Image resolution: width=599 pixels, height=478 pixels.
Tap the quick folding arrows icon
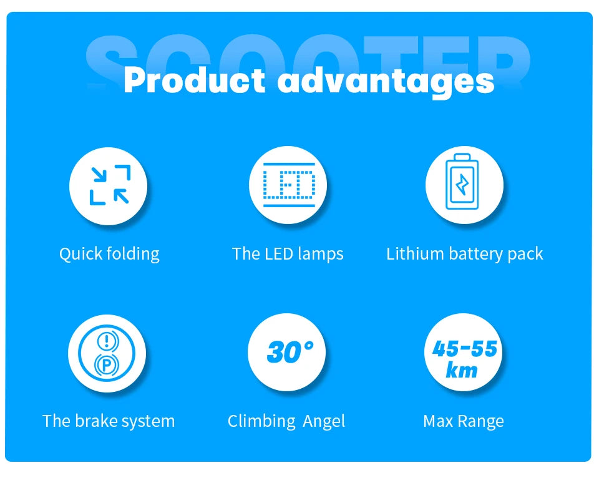point(109,185)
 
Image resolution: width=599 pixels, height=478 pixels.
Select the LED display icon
point(288,185)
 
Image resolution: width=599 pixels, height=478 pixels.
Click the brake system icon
point(107,353)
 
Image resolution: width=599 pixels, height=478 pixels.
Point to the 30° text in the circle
point(288,353)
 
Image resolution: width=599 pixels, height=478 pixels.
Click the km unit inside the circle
point(462,370)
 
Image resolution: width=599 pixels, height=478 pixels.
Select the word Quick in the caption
point(79,254)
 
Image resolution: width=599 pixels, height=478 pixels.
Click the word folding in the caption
point(132,254)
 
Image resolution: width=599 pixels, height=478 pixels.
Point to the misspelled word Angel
point(324,422)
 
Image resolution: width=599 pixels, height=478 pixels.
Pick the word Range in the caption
point(483,422)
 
